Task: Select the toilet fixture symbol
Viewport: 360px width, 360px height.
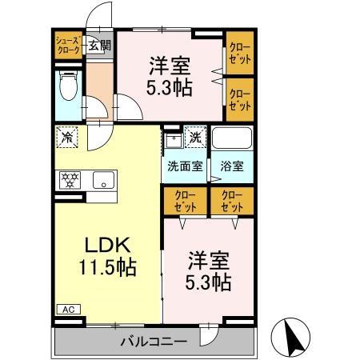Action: (68, 86)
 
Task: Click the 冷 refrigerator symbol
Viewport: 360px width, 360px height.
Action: (67, 137)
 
